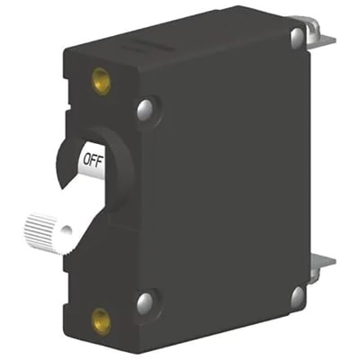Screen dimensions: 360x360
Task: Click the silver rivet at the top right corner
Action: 296,36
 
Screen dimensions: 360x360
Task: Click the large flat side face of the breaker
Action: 225,180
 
